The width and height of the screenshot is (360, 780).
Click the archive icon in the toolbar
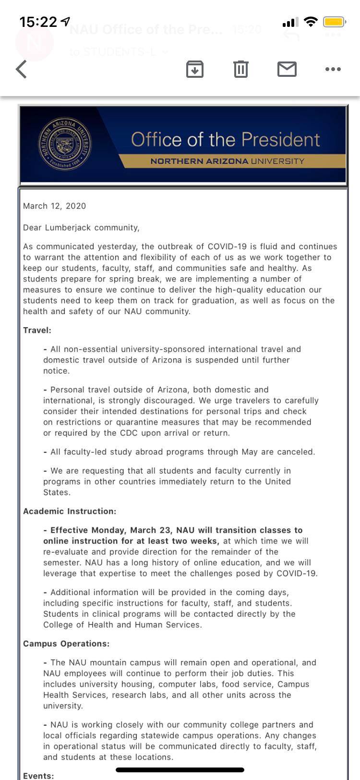(194, 69)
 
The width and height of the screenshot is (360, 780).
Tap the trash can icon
(240, 69)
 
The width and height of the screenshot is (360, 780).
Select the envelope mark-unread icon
(287, 69)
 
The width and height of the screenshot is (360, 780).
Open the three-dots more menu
(333, 69)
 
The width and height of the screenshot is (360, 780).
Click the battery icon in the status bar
(334, 22)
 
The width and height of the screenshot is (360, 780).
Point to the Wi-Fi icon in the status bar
(311, 22)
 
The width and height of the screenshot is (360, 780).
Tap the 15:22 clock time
(38, 22)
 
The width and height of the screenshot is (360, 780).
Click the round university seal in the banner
(65, 144)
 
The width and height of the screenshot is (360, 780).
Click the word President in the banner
(280, 140)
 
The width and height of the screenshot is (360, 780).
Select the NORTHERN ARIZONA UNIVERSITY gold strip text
(227, 161)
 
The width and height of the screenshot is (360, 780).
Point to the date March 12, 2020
(54, 206)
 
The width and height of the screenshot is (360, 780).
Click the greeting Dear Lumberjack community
(81, 228)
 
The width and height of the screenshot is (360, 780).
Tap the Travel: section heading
(37, 330)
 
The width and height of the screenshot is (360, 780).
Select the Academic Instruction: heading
(70, 511)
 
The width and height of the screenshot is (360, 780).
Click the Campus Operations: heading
(66, 644)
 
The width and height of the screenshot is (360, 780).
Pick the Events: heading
(38, 776)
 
